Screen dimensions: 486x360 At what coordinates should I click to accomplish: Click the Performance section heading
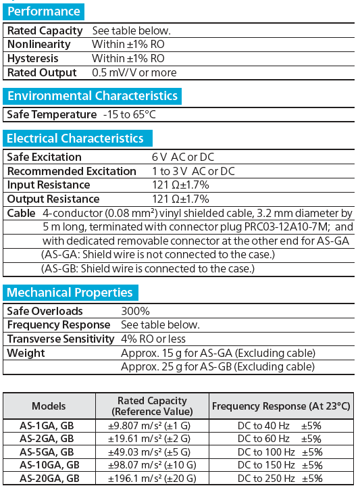[x=43, y=11]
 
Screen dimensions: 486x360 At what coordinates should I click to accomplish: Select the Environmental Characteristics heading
[x=92, y=95]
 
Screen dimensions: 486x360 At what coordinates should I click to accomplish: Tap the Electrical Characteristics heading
[x=75, y=139]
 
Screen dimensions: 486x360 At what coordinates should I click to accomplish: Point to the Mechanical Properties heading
[x=70, y=293]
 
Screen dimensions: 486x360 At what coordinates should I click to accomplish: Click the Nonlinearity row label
[x=38, y=45]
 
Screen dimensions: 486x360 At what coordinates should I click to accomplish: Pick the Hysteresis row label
[x=33, y=59]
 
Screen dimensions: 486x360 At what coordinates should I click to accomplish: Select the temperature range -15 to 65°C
[x=130, y=114]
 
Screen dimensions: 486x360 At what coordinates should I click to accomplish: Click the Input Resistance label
[x=49, y=185]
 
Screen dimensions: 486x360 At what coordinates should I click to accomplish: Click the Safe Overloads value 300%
[x=135, y=311]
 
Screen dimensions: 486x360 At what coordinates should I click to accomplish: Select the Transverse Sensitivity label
[x=61, y=339]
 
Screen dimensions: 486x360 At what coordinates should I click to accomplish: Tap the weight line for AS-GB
[x=217, y=367]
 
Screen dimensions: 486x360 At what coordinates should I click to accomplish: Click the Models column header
[x=49, y=406]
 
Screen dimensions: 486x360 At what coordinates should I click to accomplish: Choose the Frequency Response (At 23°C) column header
[x=282, y=406]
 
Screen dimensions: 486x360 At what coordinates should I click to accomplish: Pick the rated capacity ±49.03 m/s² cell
[x=152, y=452]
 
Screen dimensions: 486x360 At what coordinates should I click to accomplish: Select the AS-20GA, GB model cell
[x=49, y=478]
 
